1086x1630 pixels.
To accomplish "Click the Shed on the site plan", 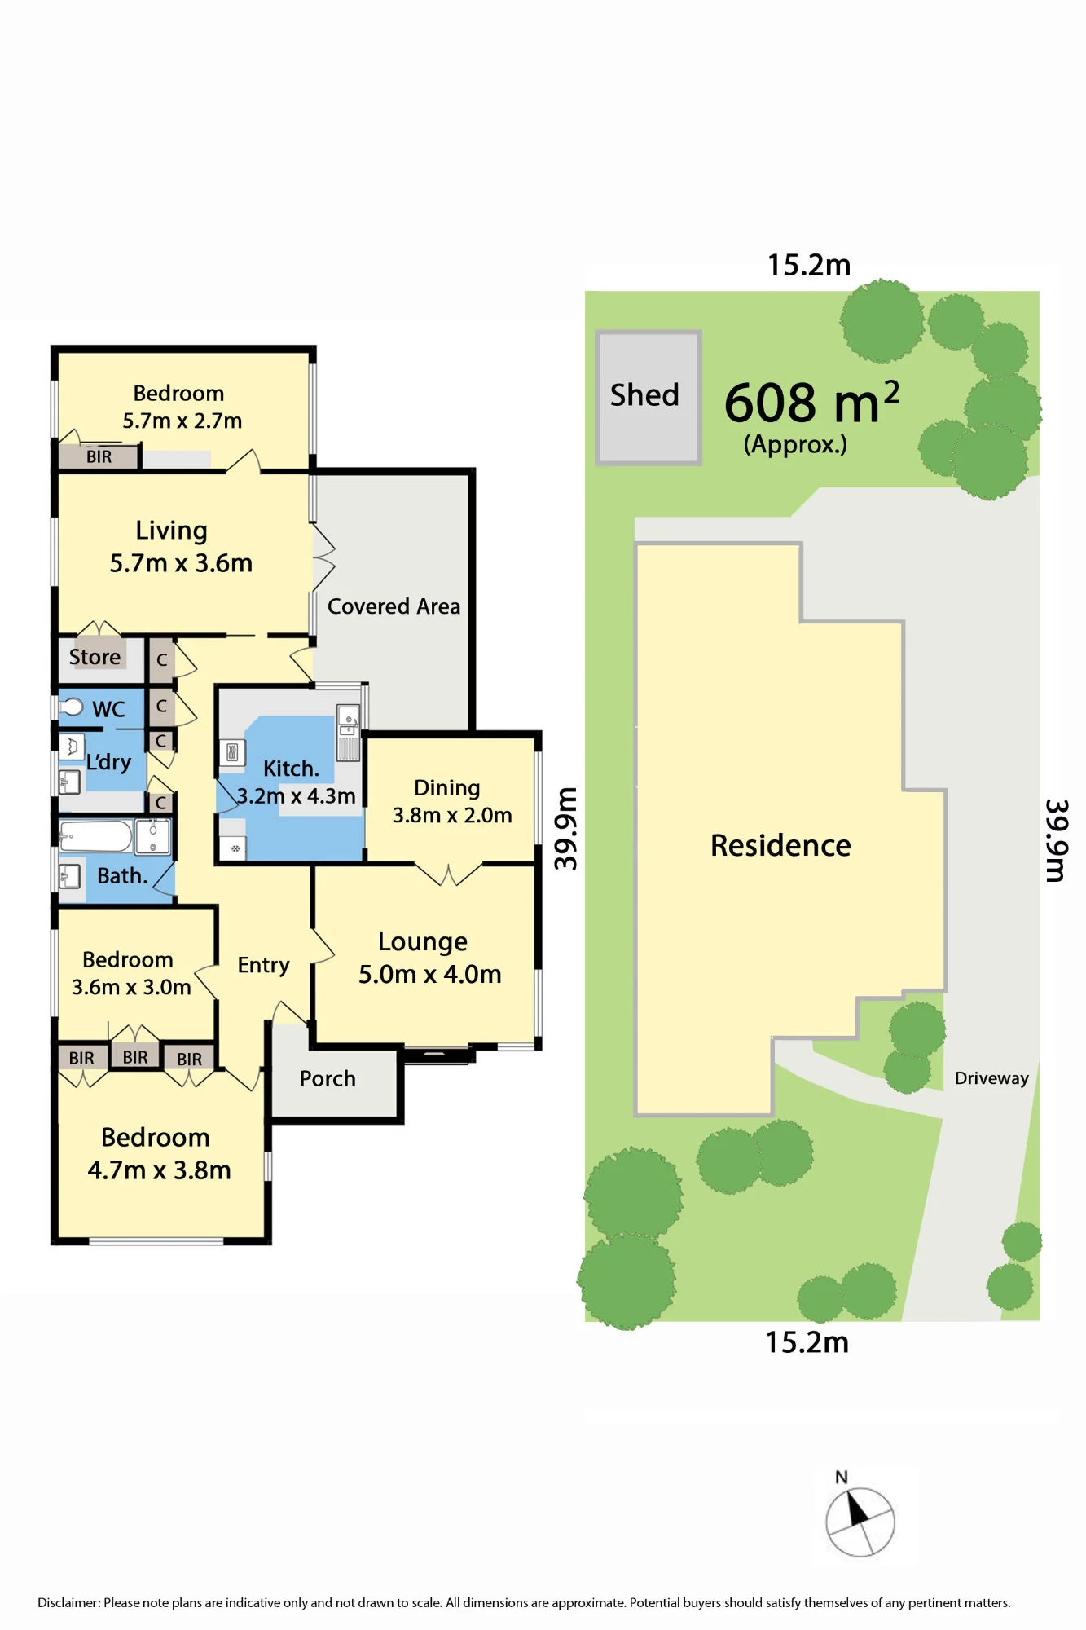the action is [x=649, y=398].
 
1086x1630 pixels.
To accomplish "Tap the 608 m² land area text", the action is [x=811, y=403].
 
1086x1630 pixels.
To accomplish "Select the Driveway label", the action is [x=991, y=1078].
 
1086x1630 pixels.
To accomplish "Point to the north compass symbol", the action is [x=860, y=1521].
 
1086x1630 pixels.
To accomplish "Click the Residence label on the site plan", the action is [x=780, y=845].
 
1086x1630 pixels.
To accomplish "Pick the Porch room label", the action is [x=328, y=1078].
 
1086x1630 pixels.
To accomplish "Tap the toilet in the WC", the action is [x=72, y=706].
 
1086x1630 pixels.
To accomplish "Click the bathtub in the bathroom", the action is [x=95, y=837].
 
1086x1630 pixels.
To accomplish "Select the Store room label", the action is [x=95, y=657].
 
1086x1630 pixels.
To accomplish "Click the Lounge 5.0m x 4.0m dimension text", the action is [x=430, y=974].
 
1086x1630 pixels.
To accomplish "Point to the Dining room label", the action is [x=446, y=788].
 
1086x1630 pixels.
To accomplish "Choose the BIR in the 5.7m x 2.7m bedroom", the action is [x=99, y=456].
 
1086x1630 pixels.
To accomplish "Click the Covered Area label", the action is [x=394, y=606].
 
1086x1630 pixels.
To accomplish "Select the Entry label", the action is [x=263, y=966].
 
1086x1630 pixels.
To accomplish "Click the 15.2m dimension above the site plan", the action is [x=809, y=265].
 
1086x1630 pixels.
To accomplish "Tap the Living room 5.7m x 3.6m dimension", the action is [x=181, y=563].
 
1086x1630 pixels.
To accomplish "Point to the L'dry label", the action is [x=108, y=762].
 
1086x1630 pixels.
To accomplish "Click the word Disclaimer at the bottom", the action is [x=69, y=1602].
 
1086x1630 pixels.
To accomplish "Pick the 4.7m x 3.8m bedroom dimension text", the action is [x=160, y=1170].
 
